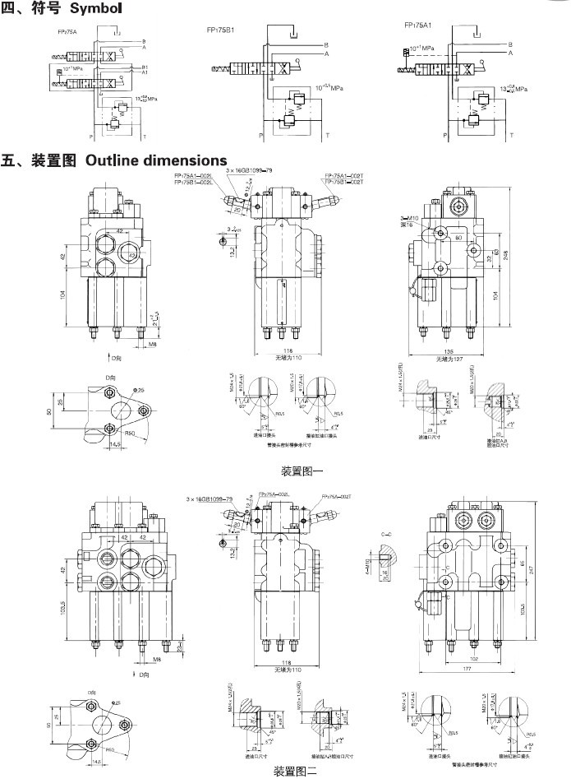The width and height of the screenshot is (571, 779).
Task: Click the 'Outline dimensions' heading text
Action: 156,160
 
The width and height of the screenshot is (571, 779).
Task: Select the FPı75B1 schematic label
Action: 220,30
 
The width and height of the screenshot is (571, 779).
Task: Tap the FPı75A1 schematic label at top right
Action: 420,26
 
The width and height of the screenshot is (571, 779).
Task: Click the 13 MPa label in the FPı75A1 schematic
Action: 513,87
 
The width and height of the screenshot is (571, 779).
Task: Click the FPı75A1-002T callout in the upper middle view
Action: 344,175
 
